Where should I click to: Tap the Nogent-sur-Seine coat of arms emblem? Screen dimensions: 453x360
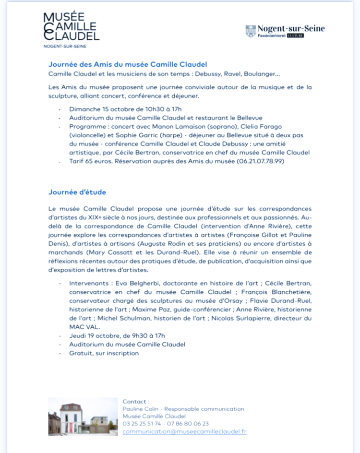coord(251,31)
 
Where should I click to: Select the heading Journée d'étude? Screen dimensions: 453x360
coord(77,192)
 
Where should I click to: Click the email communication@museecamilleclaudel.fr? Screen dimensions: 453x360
coord(184,431)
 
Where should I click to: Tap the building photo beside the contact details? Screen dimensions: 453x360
coord(83,416)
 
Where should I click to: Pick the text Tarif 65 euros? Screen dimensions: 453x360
coord(89,161)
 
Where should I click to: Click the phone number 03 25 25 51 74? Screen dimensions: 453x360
coord(142,424)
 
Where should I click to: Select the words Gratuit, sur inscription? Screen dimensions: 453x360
coord(104,353)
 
